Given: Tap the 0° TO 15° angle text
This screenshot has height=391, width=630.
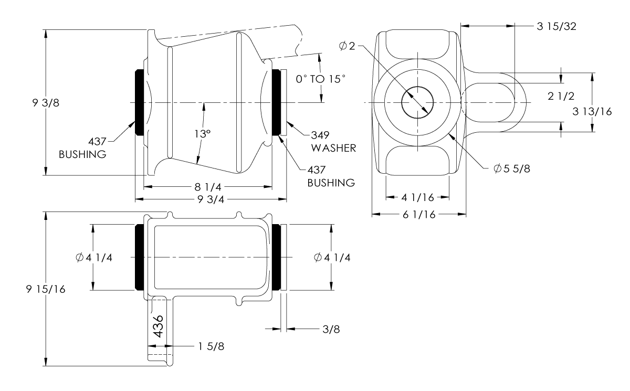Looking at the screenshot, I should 320,79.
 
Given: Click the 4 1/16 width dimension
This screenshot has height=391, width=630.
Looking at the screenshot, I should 417,198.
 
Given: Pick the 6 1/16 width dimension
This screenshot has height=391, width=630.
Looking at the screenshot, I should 418,214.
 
